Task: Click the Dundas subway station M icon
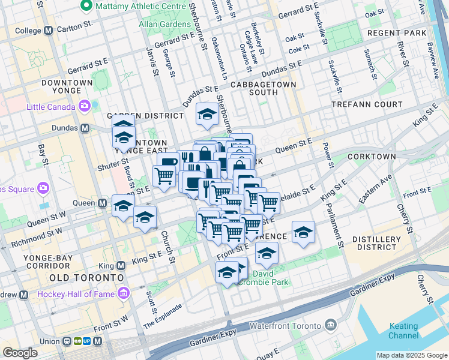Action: tap(85, 128)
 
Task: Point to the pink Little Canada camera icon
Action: tap(84, 107)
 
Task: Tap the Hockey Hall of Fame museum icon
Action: tap(124, 293)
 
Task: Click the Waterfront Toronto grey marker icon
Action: tap(331, 325)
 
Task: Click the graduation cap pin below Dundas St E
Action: tap(207, 115)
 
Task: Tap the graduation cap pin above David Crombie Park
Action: tap(267, 254)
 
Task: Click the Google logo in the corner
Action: tap(20, 353)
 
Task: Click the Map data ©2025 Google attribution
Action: tap(411, 355)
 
